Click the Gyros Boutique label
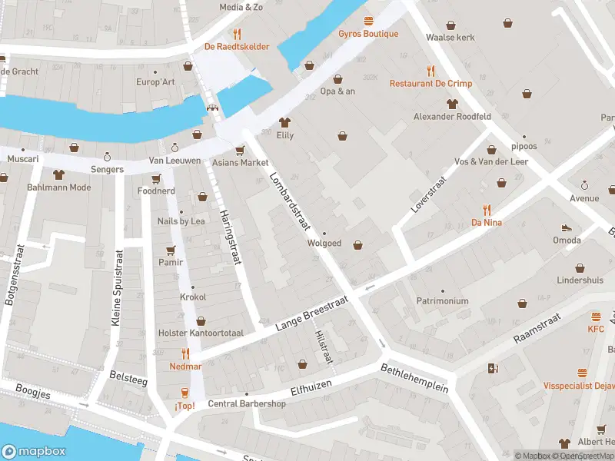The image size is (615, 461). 368,34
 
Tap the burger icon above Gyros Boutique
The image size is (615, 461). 368,21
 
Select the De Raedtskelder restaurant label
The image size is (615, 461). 236,47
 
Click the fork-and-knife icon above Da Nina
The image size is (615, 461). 487,209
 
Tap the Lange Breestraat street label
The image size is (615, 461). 312,313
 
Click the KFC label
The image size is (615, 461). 596,330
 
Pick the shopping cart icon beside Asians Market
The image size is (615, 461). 240,150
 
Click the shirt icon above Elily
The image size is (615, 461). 285,122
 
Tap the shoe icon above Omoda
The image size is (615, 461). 567,227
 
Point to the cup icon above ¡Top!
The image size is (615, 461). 184,392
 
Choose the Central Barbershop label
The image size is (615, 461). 247,404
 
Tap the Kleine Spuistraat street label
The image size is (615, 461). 118,287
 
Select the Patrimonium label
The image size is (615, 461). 442,301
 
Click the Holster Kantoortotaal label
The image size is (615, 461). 201,333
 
